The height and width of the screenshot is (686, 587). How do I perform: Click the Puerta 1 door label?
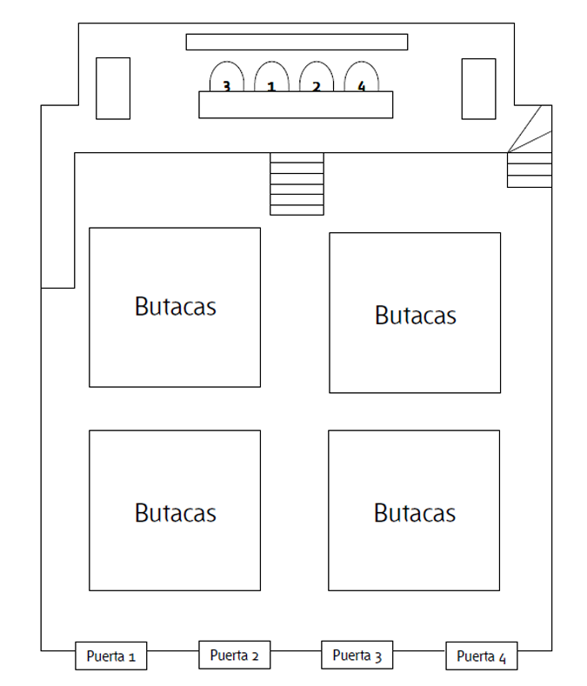[x=110, y=656]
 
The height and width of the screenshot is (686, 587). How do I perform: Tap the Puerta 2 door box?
[x=235, y=655]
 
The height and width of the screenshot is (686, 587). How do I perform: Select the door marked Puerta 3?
[x=357, y=655]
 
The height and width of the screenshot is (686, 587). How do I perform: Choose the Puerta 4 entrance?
[x=482, y=656]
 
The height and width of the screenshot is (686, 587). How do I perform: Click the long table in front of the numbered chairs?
[x=296, y=105]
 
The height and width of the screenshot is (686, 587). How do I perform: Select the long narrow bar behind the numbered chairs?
[x=297, y=42]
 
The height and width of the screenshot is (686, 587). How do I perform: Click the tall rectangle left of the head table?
[x=113, y=89]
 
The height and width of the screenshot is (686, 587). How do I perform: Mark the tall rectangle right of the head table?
[x=479, y=89]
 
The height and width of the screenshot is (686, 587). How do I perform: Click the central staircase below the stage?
[x=297, y=183]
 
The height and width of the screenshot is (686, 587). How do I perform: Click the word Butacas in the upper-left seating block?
[x=175, y=306]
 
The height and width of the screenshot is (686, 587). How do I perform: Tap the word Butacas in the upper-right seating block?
[x=416, y=315]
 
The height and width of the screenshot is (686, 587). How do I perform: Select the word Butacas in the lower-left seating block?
[x=175, y=513]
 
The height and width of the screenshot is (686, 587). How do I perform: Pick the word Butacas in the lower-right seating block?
[x=415, y=513]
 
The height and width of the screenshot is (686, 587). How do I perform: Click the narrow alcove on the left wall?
[x=57, y=220]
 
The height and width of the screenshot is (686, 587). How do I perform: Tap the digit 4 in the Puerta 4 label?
[x=502, y=658]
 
